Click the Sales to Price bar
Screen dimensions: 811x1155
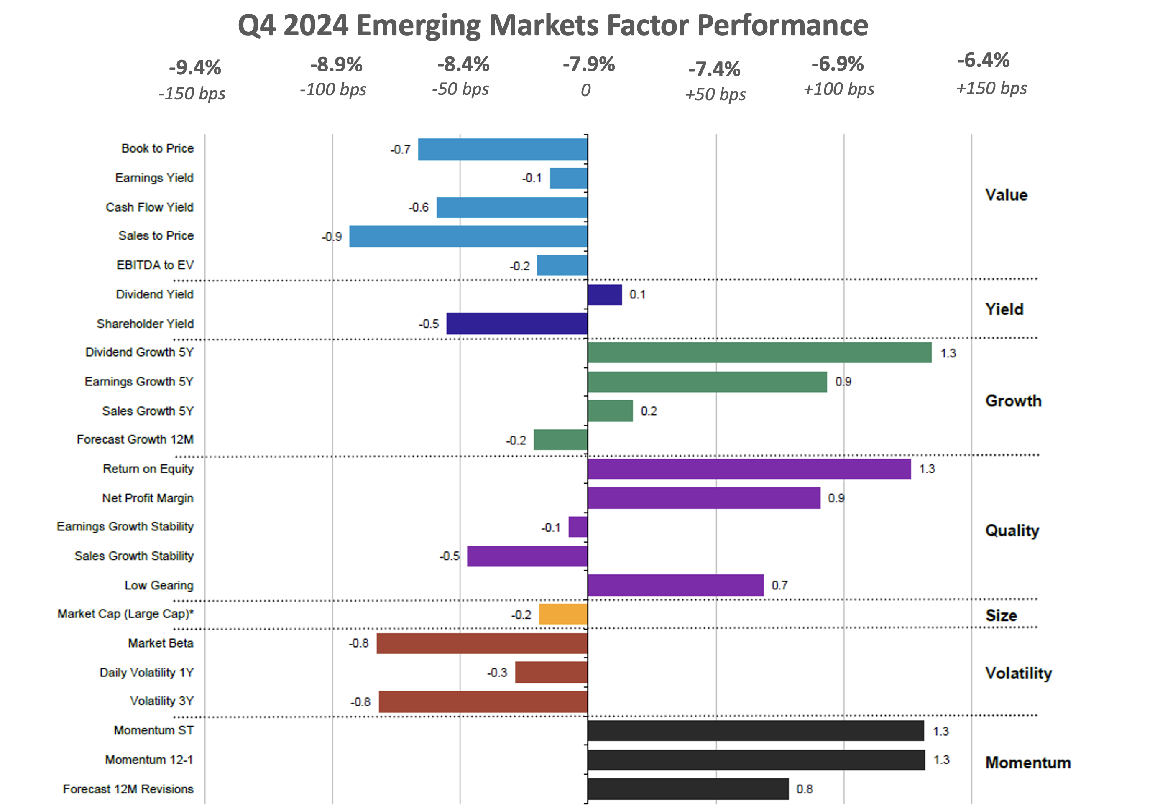click(x=468, y=236)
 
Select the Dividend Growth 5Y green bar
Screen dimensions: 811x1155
click(x=759, y=352)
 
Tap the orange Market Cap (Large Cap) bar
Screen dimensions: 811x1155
click(x=563, y=614)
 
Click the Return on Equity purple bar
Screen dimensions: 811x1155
click(x=749, y=469)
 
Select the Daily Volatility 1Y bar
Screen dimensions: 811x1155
click(x=551, y=672)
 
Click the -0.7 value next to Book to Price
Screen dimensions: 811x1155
click(x=401, y=149)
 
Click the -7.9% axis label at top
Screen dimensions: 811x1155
click(x=588, y=64)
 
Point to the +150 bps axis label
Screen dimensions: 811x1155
click(x=991, y=89)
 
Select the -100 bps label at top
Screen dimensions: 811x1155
click(x=333, y=89)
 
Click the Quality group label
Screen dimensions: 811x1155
click(x=1012, y=530)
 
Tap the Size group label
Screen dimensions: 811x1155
click(x=1001, y=615)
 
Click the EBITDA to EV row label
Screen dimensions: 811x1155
click(x=155, y=265)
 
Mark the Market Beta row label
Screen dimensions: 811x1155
click(x=161, y=643)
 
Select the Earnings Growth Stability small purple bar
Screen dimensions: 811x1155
click(x=577, y=527)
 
